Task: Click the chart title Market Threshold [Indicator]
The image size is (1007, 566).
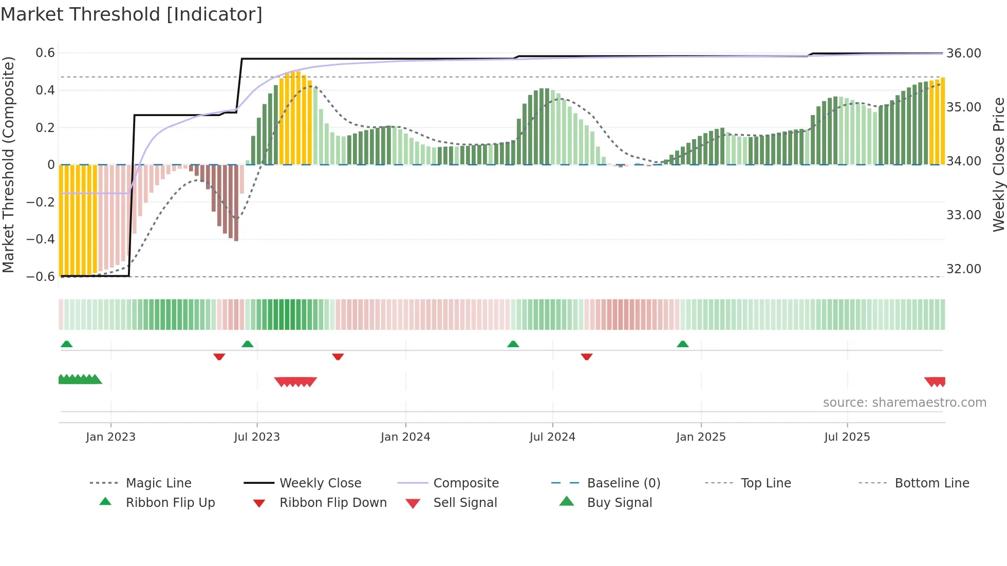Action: point(132,14)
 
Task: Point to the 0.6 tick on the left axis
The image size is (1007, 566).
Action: point(45,53)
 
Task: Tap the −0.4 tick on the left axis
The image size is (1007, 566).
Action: point(41,239)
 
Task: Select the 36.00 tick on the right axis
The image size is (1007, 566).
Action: point(963,53)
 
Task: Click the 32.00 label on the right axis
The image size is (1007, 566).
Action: point(963,269)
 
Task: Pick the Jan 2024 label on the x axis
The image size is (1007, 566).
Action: point(405,437)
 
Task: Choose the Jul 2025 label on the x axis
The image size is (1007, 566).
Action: point(847,437)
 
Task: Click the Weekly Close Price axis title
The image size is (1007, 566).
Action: point(998,164)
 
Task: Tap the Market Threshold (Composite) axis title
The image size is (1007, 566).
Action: point(8,164)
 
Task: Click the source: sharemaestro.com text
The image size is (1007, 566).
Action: point(904,403)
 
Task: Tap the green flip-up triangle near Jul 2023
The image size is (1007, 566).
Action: point(248,344)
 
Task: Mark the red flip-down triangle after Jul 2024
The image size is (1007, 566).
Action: point(586,356)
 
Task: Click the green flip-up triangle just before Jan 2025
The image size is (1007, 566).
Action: point(682,344)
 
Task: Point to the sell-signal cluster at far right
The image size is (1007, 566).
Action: point(935,382)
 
